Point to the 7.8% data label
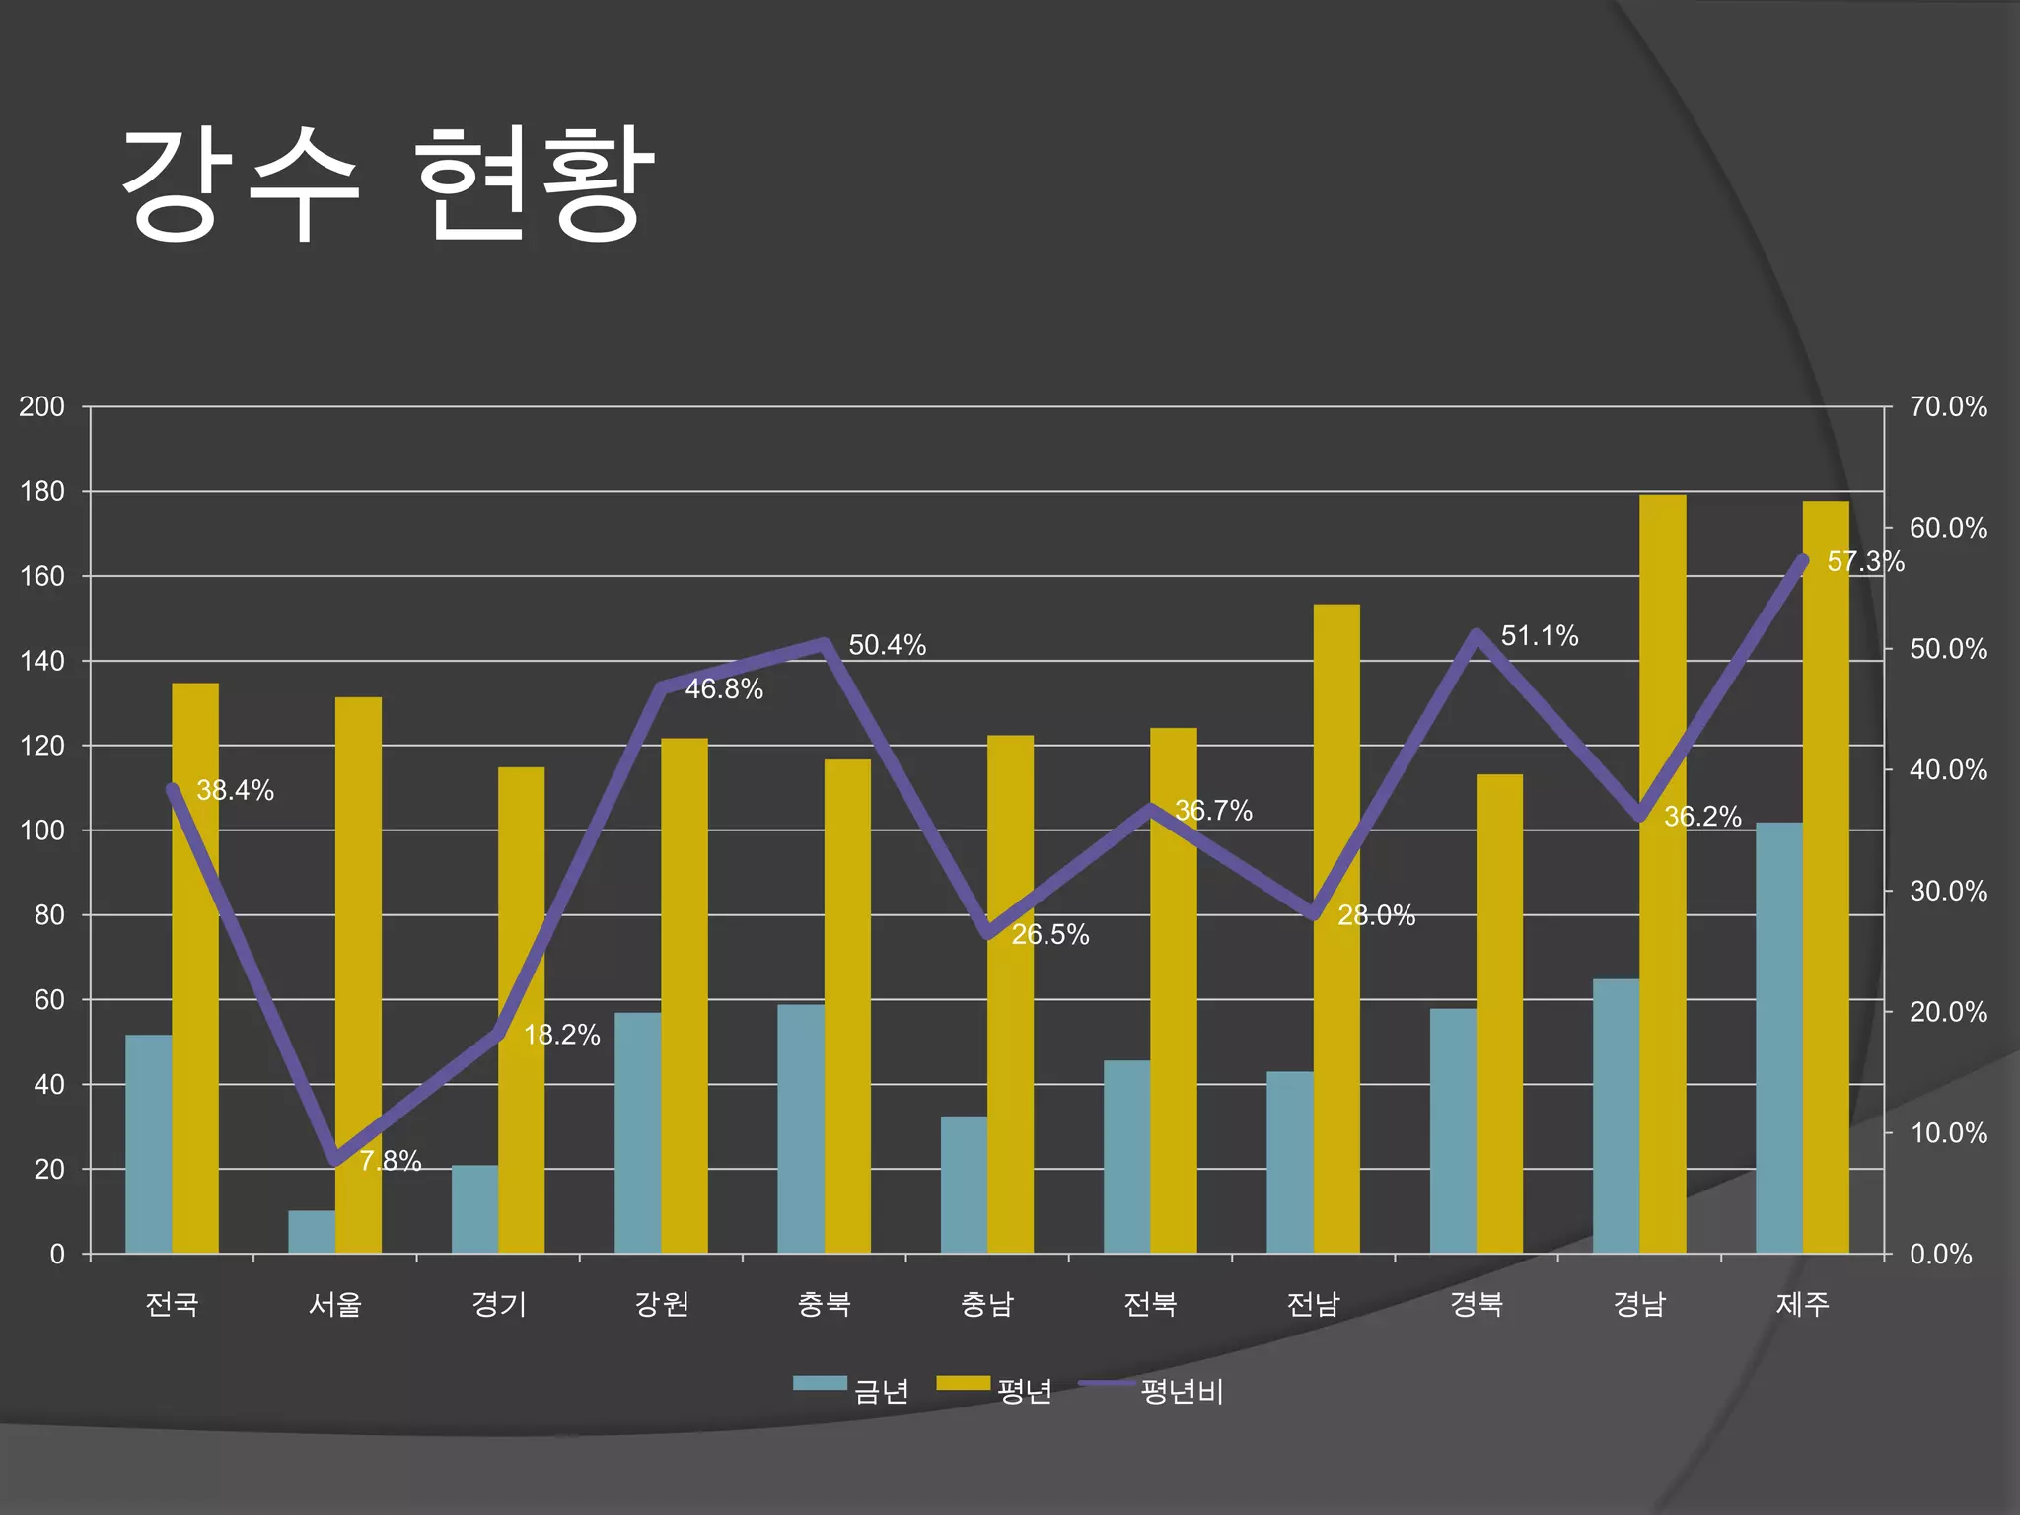(390, 1161)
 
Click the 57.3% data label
(1864, 561)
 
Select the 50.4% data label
(887, 645)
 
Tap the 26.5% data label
(1049, 935)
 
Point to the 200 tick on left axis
(41, 406)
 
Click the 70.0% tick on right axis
(1948, 406)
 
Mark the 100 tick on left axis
(41, 830)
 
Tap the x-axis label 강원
(661, 1304)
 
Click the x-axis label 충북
(824, 1304)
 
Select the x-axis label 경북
(1476, 1304)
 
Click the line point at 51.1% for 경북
(1477, 634)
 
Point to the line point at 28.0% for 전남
(1314, 915)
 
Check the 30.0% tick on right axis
(1948, 891)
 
